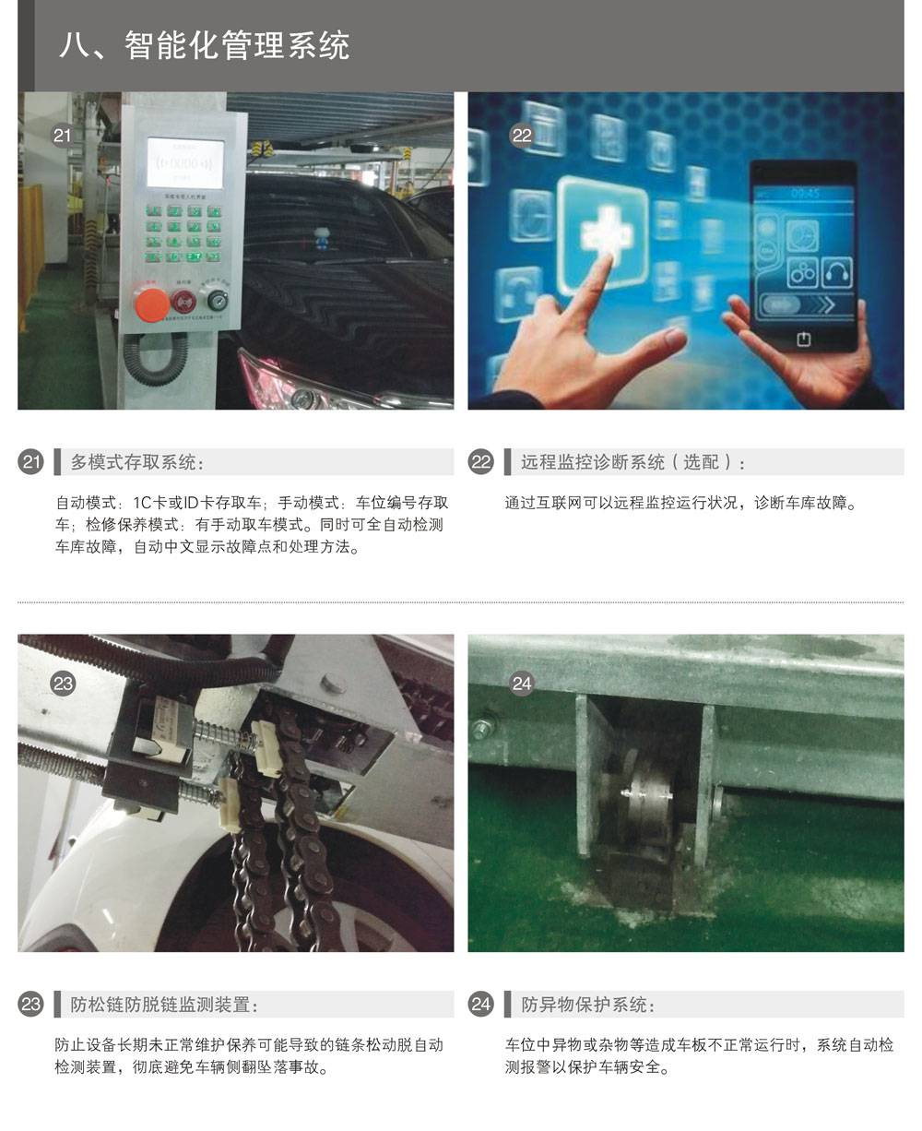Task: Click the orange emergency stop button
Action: (152, 304)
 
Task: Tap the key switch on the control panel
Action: (215, 300)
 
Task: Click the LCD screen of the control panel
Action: (185, 162)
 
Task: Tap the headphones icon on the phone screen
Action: (838, 272)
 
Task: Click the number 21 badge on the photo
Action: (62, 135)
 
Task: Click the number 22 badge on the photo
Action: (522, 135)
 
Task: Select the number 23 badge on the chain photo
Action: (63, 684)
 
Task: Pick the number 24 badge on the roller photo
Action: (522, 684)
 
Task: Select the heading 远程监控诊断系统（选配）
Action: (632, 462)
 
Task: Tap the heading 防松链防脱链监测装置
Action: (164, 1005)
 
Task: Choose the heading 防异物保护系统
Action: (588, 1005)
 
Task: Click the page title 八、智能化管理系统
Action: (205, 45)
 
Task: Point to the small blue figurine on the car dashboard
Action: (322, 238)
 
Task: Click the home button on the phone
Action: (804, 339)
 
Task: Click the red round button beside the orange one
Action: (183, 302)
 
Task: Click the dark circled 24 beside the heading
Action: (481, 1004)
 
